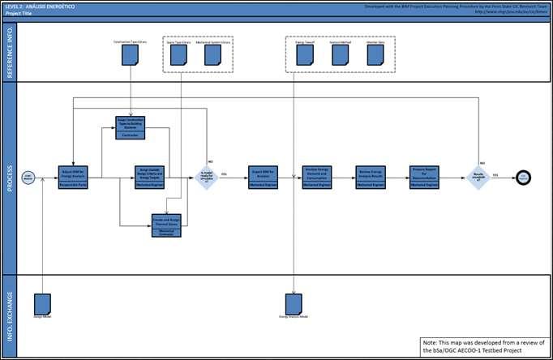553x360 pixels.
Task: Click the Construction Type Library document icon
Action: point(130,54)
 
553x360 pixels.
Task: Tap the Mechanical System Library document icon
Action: point(212,54)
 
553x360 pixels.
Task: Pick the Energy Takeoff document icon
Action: point(304,54)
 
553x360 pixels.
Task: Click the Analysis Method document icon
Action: point(340,54)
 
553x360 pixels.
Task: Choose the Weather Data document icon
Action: point(375,54)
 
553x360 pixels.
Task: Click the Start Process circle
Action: point(28,178)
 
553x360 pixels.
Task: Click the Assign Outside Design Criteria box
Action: point(150,177)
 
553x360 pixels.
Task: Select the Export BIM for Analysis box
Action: point(264,177)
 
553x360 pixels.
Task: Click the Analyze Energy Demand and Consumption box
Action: point(319,177)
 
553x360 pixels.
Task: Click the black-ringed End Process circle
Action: point(524,177)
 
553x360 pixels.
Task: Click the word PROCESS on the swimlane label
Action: point(9,177)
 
